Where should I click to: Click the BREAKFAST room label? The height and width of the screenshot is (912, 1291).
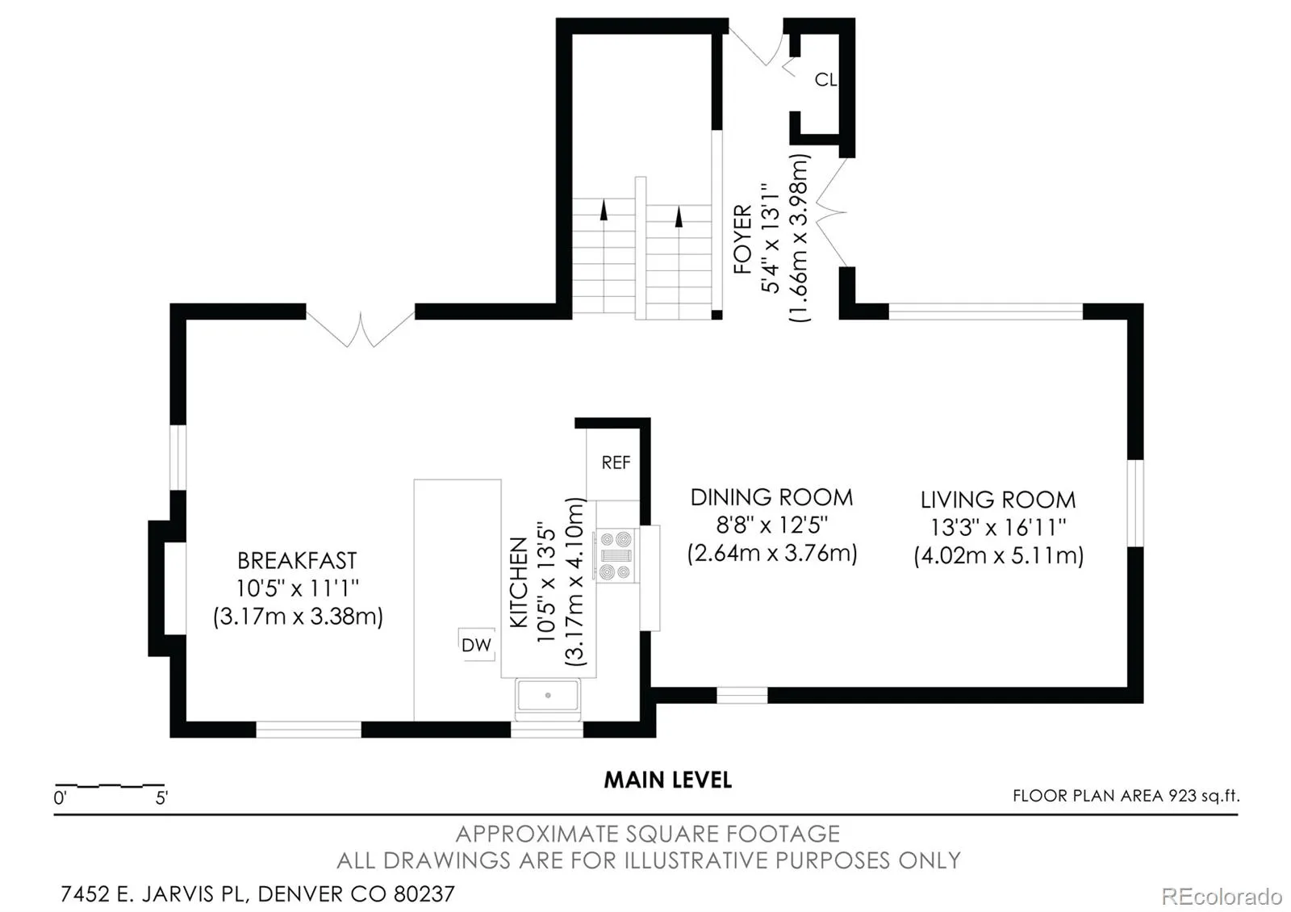click(x=297, y=560)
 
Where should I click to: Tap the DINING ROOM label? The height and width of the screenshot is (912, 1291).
click(x=771, y=497)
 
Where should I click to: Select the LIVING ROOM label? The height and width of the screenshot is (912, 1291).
click(x=998, y=500)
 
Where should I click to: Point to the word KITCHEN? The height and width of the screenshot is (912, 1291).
click(x=518, y=582)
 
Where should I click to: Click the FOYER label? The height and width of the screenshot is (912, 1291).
click(x=743, y=239)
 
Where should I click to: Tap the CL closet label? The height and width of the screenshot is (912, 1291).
click(x=825, y=80)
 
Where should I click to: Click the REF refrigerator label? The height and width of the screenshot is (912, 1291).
click(x=616, y=462)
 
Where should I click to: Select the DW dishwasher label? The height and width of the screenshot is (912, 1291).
click(x=477, y=645)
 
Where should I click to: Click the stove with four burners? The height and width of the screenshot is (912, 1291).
click(x=616, y=556)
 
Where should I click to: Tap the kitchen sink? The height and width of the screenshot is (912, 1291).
click(x=548, y=695)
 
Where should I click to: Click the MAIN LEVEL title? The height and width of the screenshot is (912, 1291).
click(x=668, y=780)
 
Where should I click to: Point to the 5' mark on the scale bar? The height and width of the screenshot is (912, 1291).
click(x=161, y=798)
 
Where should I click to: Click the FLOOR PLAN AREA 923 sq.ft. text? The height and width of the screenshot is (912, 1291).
click(x=1126, y=796)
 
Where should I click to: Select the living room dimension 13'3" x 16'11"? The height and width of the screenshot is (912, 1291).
click(x=998, y=527)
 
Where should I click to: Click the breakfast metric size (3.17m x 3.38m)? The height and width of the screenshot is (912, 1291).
click(x=298, y=617)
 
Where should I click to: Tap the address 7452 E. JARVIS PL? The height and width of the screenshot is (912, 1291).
click(x=155, y=894)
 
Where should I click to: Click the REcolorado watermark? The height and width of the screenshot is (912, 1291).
click(x=1222, y=897)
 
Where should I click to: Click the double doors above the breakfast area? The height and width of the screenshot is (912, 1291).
click(x=360, y=328)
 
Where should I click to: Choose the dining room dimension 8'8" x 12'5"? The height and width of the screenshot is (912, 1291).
click(x=771, y=525)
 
